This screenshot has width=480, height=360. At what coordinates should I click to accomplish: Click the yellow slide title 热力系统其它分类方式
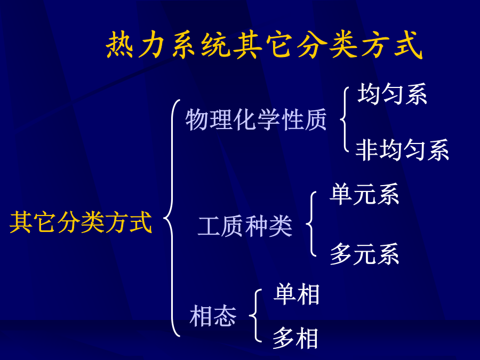[x=264, y=45]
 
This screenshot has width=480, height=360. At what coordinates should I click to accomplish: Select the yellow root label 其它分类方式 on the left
[x=81, y=222]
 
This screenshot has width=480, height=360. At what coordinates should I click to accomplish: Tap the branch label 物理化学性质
[x=256, y=119]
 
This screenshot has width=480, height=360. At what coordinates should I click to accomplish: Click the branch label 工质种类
[x=245, y=226]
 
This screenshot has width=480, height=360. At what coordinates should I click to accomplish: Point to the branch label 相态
[x=213, y=316]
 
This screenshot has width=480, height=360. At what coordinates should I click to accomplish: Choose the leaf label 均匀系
[x=392, y=94]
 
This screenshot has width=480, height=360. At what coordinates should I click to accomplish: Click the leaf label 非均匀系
[x=402, y=150]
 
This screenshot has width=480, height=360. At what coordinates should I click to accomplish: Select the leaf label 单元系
[x=364, y=194]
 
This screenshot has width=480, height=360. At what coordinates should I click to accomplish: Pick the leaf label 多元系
[x=364, y=254]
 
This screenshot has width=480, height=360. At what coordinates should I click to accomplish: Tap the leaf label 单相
[x=297, y=294]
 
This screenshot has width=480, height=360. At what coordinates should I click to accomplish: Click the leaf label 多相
[x=295, y=338]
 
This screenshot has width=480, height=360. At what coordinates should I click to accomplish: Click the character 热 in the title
[x=119, y=45]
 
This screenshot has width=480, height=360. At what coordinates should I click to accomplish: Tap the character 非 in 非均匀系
[x=367, y=150]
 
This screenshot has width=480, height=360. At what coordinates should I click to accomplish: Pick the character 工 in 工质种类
[x=209, y=226]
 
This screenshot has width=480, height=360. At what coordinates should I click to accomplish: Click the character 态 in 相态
[x=225, y=316]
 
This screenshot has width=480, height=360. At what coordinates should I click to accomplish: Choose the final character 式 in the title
[x=409, y=45]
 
